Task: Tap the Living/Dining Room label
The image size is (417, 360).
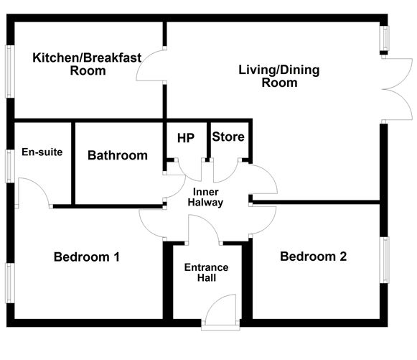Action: pyautogui.click(x=279, y=76)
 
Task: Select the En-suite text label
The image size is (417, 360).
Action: pyautogui.click(x=42, y=152)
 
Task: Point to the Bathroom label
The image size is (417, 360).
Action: pyautogui.click(x=118, y=155)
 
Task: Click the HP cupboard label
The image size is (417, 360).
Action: pyautogui.click(x=185, y=137)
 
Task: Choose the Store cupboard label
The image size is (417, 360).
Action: pyautogui.click(x=228, y=137)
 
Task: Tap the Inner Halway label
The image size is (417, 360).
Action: pyautogui.click(x=206, y=197)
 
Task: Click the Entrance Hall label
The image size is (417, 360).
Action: pyautogui.click(x=206, y=273)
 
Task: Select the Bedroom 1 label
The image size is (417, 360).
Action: pyautogui.click(x=86, y=257)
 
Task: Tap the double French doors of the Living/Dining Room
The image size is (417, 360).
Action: pyautogui.click(x=398, y=90)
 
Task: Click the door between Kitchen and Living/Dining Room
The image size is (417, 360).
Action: pyautogui.click(x=151, y=68)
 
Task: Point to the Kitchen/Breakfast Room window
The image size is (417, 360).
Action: pyautogui.click(x=9, y=70)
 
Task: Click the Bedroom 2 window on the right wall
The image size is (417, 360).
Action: pyautogui.click(x=385, y=260)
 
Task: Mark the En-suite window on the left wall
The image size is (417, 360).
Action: pyautogui.click(x=9, y=166)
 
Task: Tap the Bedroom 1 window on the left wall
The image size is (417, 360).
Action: pyautogui.click(x=9, y=282)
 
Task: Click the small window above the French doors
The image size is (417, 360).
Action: pyautogui.click(x=385, y=40)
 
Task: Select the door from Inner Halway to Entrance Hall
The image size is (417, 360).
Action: pyautogui.click(x=204, y=228)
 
